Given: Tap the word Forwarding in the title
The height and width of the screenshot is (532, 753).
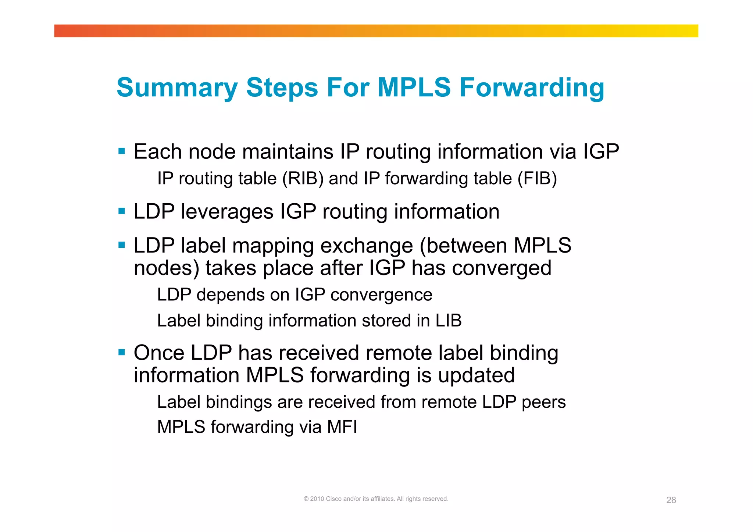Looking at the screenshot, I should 532,88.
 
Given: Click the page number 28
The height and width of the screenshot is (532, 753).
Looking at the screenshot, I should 671,500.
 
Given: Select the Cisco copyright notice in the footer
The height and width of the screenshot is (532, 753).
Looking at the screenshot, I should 376,499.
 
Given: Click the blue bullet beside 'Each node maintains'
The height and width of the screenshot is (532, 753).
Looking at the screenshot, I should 122,151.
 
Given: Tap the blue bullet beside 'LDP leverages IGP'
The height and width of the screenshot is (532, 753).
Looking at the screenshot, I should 122,211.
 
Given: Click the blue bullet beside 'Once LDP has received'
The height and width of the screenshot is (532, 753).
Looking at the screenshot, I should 122,353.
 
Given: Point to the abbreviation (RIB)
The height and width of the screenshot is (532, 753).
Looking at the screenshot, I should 303,179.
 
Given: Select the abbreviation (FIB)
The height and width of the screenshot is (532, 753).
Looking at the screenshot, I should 537,179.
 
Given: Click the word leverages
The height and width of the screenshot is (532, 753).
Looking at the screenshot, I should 227,212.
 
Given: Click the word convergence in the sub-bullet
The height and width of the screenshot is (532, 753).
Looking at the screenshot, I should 381,295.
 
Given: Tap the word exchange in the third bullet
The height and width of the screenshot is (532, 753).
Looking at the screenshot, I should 367,246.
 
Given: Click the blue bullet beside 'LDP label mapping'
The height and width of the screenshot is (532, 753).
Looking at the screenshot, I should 122,245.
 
